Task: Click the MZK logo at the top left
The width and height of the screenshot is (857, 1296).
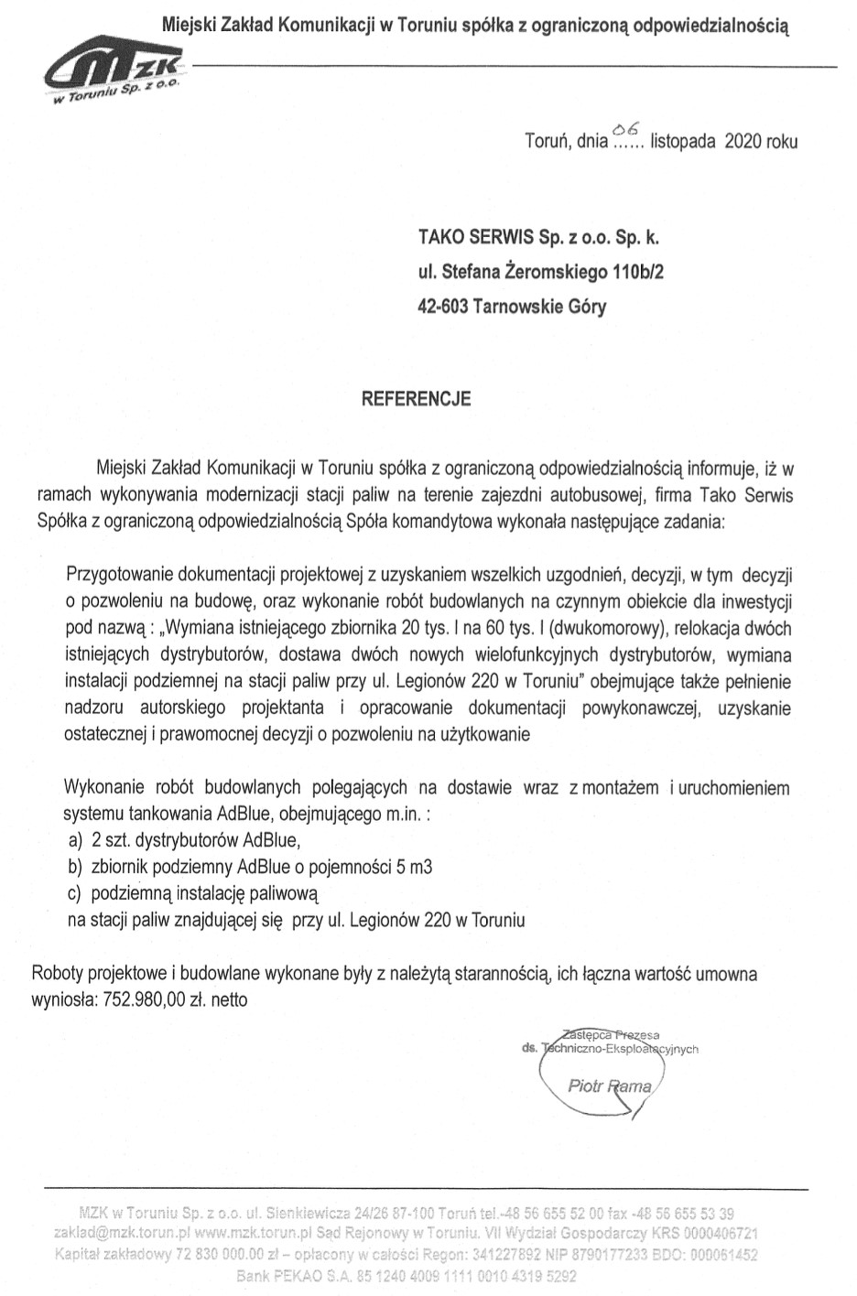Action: (x=115, y=75)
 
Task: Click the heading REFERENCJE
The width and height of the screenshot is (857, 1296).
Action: (x=417, y=399)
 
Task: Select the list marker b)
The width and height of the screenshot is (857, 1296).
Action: (x=76, y=866)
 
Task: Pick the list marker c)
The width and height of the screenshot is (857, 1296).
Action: (x=76, y=892)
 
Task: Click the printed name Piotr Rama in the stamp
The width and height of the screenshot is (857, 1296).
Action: (x=609, y=1087)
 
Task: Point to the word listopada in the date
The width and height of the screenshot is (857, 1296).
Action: (x=682, y=142)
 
